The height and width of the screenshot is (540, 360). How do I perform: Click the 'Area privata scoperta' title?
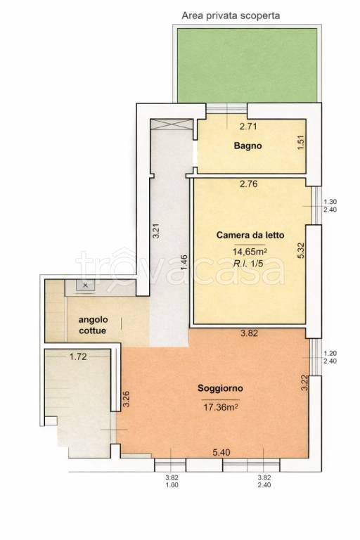pos(231,15)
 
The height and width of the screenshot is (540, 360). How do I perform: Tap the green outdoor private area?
pos(247,65)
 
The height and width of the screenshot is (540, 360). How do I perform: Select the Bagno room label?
pos(247,146)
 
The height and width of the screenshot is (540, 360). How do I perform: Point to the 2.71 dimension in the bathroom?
pos(248,127)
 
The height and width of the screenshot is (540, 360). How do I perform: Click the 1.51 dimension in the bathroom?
pos(300,142)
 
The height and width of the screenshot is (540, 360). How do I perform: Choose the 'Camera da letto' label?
pos(250,236)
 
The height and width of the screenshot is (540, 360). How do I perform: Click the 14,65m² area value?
pos(250,252)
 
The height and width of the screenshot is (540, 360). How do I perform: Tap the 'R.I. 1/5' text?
pos(248,264)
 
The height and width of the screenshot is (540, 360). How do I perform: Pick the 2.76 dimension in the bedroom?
pos(248,184)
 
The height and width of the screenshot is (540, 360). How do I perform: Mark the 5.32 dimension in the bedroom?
pos(300,251)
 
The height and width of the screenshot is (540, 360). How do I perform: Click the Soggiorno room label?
pos(220,388)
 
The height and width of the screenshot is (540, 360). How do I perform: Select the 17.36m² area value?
pos(221,408)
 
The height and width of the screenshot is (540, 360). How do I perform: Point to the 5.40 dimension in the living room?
pos(221,453)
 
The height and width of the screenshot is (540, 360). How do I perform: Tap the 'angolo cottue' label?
pos(93,325)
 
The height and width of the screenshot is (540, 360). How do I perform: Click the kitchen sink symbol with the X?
pos(86,285)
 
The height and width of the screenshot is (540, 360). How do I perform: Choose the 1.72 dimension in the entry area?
pos(78,356)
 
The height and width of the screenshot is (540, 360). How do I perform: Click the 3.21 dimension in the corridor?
pos(156,231)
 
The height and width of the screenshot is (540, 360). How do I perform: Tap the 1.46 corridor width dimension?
pos(184,262)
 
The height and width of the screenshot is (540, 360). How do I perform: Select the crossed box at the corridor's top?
pos(172,124)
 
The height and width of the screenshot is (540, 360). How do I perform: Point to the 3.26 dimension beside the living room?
pos(126,399)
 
